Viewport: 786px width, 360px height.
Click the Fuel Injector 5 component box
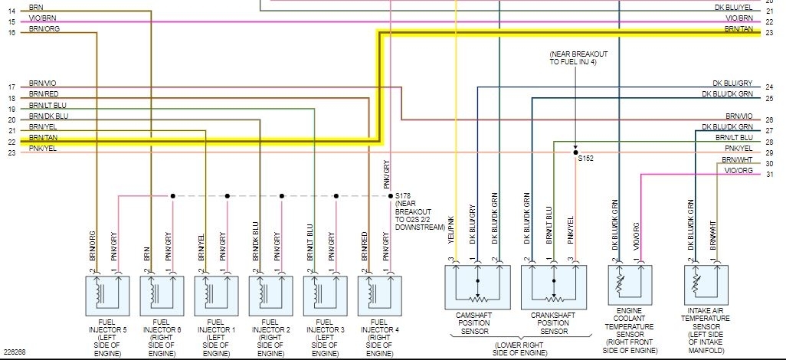(106, 292)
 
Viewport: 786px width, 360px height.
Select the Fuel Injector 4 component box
(379, 292)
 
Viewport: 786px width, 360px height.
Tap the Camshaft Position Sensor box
(477, 287)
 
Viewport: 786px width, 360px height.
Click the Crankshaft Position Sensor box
(553, 287)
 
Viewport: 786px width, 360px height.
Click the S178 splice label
(403, 197)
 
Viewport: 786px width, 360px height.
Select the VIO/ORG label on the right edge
(740, 171)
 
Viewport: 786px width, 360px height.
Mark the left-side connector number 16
(11, 33)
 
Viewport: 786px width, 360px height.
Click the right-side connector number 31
(769, 175)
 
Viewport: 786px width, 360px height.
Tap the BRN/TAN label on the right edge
(739, 28)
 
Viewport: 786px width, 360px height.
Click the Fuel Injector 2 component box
(270, 292)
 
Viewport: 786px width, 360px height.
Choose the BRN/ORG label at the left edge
(44, 28)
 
